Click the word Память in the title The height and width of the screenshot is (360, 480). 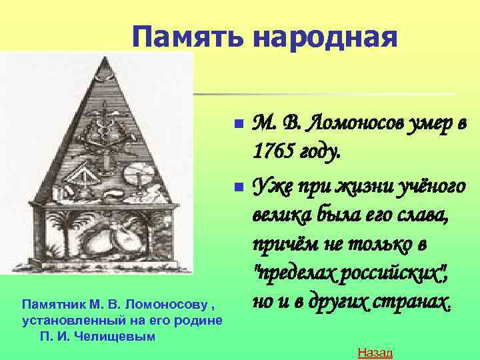[189, 37]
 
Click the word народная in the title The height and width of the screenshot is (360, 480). [325, 37]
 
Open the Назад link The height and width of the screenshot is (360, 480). [375, 352]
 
